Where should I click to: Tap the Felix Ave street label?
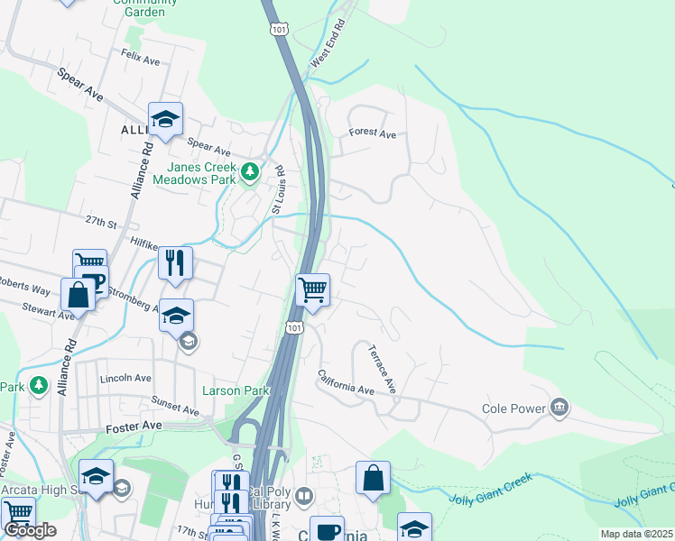[x=140, y=55]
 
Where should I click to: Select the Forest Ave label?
[x=373, y=134]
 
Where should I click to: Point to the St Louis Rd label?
[x=278, y=189]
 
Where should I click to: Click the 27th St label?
[x=102, y=221]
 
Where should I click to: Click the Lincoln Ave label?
[x=122, y=378]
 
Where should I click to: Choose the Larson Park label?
[x=236, y=391]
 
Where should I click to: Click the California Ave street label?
[x=345, y=382]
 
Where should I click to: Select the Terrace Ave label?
[x=383, y=371]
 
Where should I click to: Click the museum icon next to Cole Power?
[x=560, y=408]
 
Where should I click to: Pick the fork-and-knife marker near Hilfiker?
[x=175, y=262]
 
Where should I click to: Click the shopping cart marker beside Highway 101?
[x=312, y=290]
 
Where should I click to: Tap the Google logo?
[x=30, y=529]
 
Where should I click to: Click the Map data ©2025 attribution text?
[x=635, y=534]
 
